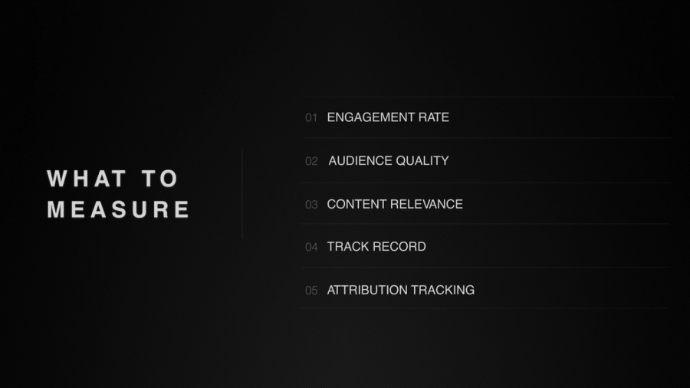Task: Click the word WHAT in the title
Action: (87, 179)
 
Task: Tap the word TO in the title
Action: (160, 179)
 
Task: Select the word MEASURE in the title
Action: (119, 209)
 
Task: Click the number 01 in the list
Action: (311, 117)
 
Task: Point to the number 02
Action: (311, 161)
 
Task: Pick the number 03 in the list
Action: (311, 205)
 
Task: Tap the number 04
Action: (311, 247)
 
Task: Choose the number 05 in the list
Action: (311, 291)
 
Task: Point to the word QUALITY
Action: (422, 161)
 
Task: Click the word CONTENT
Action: (357, 204)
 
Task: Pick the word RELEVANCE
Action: (427, 204)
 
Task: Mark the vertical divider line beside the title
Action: (242, 194)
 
